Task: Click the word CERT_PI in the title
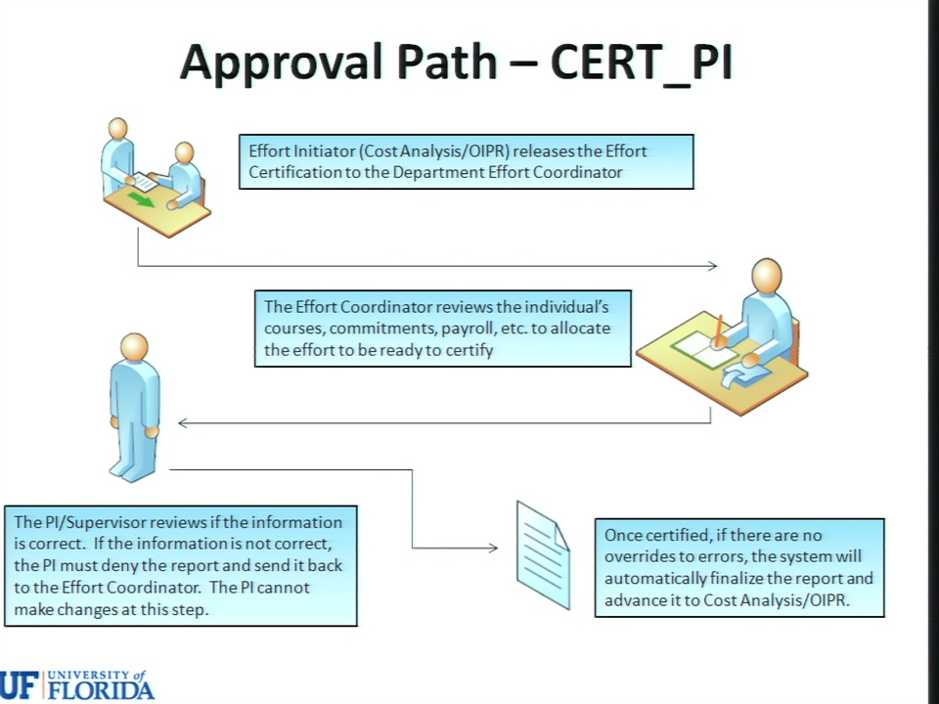click(641, 62)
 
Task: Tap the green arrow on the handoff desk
click(141, 199)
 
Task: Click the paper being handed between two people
click(145, 182)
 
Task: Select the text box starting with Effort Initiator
click(467, 161)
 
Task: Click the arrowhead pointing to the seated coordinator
click(713, 266)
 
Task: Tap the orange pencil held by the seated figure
click(718, 330)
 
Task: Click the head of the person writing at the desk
click(767, 276)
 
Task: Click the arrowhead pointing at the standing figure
click(183, 423)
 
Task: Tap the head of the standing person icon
click(134, 348)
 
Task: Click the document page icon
click(543, 555)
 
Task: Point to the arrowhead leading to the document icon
click(493, 548)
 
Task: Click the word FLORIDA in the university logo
click(101, 689)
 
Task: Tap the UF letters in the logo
click(20, 685)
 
